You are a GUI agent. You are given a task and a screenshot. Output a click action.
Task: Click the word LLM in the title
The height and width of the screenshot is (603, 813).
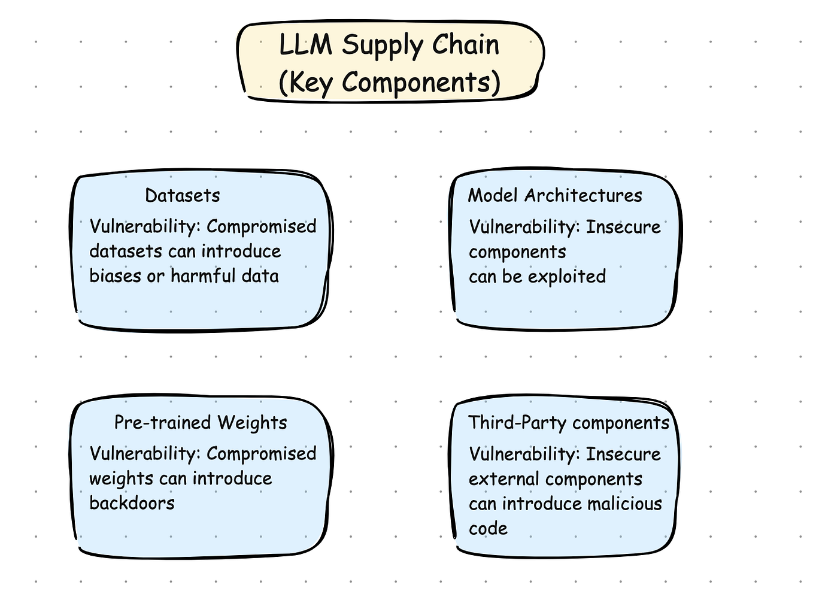305,46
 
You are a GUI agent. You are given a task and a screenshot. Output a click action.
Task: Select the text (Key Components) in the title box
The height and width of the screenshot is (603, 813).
389,83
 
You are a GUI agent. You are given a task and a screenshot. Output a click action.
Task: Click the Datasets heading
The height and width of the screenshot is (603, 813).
183,195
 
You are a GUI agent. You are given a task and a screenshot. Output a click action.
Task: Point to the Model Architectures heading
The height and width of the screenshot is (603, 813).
555,195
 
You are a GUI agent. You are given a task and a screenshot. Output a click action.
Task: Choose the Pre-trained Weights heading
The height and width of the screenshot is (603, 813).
201,423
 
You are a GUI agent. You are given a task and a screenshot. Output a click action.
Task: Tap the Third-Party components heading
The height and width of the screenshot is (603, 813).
569,423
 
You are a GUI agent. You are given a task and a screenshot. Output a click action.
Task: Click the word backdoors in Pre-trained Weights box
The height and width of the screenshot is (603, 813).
132,503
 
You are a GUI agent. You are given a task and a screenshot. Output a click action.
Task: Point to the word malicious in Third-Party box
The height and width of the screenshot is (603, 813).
624,504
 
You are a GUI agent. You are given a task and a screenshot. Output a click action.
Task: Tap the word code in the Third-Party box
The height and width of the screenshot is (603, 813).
488,529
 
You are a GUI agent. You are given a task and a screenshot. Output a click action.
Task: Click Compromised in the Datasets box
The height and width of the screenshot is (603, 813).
261,226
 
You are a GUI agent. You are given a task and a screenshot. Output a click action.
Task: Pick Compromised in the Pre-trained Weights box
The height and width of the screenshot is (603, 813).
261,453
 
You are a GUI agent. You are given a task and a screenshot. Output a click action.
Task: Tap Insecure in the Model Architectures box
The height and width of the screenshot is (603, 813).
623,227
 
